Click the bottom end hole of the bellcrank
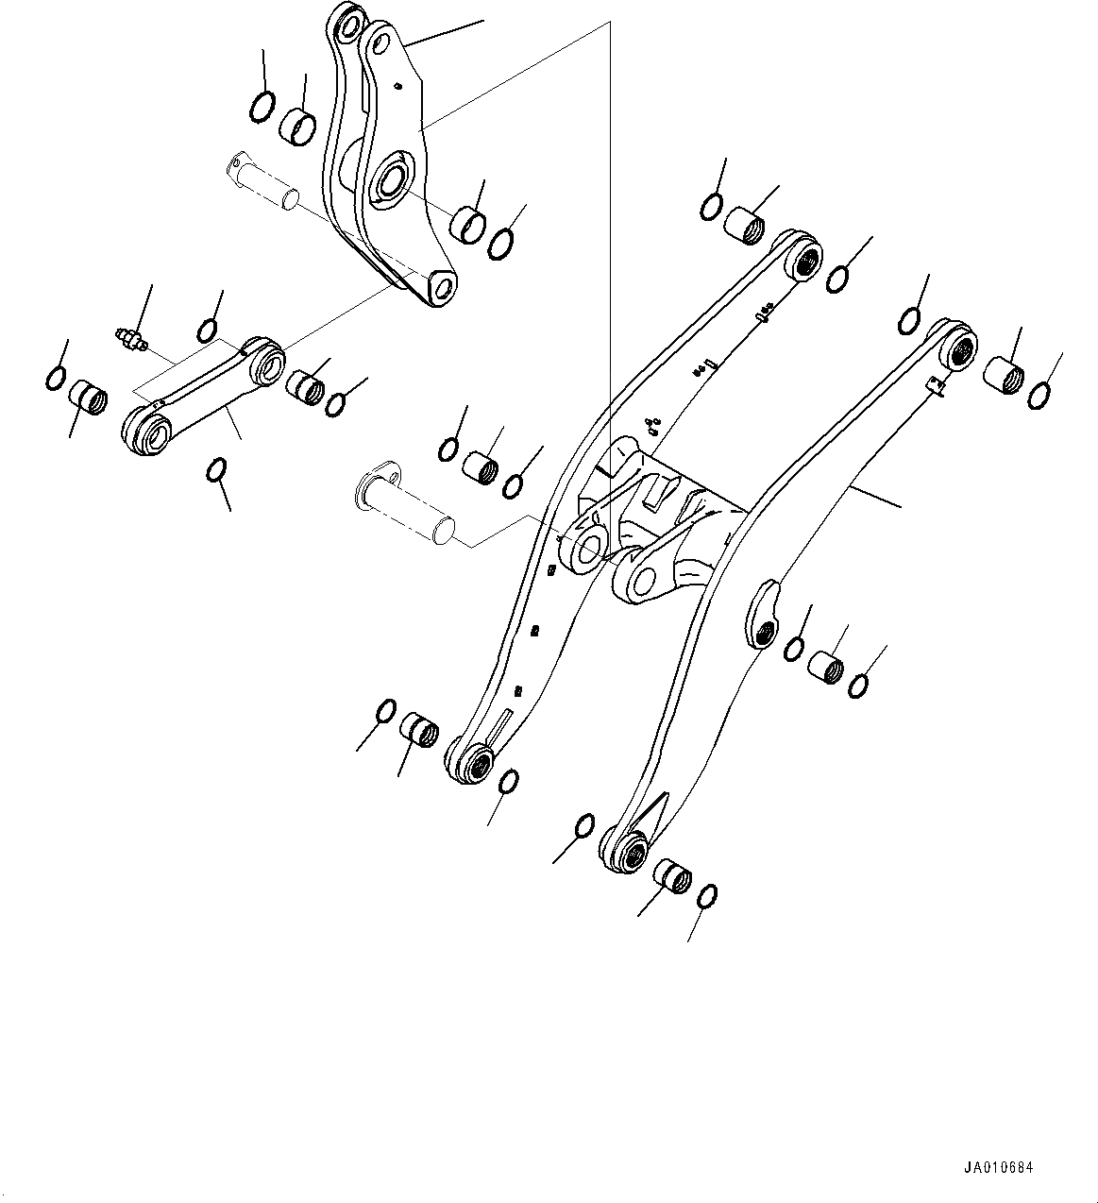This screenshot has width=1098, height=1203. click(437, 284)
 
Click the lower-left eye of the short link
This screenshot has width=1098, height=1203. click(147, 432)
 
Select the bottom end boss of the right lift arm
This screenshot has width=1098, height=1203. click(628, 849)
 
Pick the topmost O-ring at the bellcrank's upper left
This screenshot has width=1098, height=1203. click(262, 107)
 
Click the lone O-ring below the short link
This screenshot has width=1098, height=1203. click(217, 469)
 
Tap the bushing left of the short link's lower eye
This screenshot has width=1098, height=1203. click(88, 395)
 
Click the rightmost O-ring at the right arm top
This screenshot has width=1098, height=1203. click(1039, 395)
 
